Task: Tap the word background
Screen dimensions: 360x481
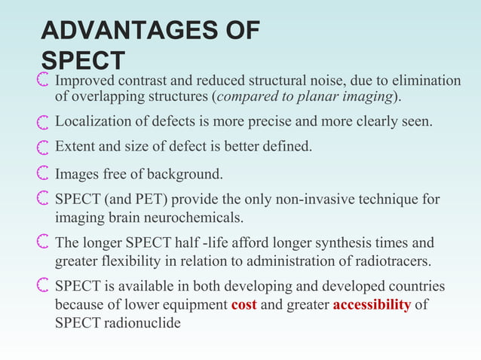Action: [x=183, y=175]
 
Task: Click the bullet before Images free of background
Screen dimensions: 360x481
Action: [x=43, y=175]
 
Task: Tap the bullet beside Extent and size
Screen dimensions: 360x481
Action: [x=43, y=146]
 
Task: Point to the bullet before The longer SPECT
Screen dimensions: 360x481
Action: [x=43, y=243]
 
